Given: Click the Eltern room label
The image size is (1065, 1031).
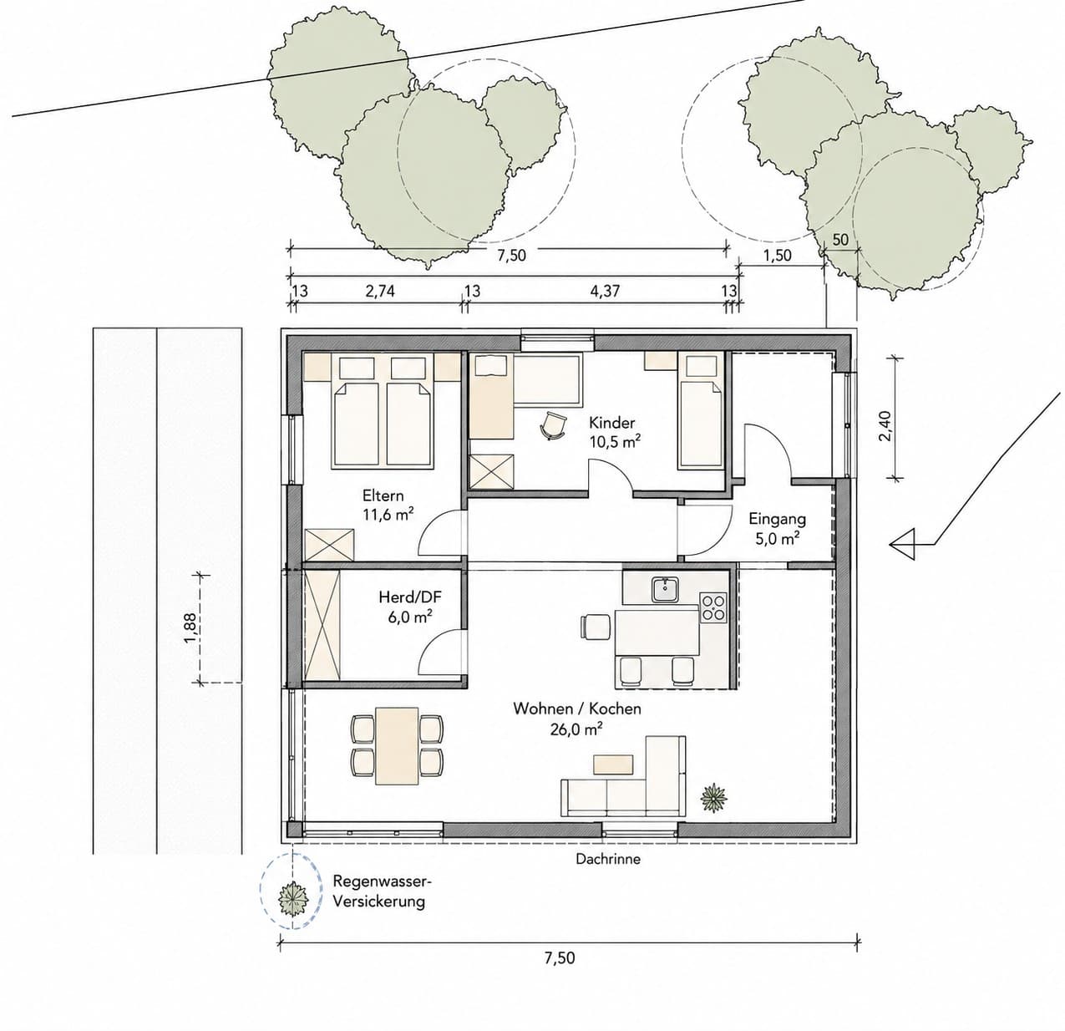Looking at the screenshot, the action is click(383, 495).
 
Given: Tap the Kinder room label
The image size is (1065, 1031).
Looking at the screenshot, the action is click(612, 423).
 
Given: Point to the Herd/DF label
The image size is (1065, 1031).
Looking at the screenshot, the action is click(410, 597).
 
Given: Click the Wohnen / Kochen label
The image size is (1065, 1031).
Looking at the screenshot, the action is click(577, 708).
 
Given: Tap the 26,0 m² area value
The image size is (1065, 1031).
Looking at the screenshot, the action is click(577, 729).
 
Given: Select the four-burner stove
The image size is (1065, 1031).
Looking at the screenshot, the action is click(713, 607).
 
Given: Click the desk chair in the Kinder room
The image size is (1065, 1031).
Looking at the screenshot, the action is click(553, 425).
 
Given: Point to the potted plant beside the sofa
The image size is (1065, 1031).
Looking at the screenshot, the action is click(714, 798).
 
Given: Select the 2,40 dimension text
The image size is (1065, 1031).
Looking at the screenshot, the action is click(886, 425).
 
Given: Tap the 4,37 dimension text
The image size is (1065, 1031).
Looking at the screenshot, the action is click(605, 290).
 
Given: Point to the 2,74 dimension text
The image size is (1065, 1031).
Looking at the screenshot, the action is click(380, 290).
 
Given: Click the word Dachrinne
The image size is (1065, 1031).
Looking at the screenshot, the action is click(608, 859).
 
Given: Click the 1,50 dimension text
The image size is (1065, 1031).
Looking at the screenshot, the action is click(777, 255).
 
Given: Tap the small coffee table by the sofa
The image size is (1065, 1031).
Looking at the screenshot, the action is click(613, 764).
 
